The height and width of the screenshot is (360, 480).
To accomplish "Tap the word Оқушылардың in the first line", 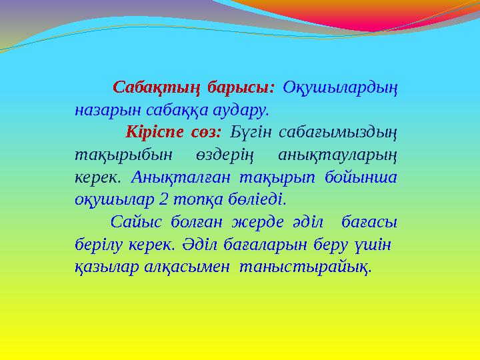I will pos(341,88).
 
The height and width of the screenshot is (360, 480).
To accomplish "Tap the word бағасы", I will pos(373,221).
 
